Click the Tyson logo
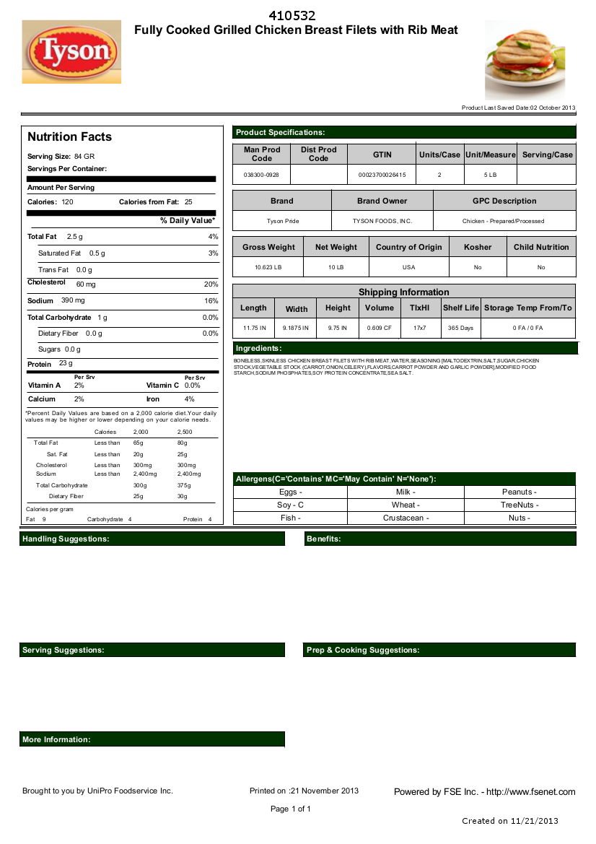pos(71,51)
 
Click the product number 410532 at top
pos(292,16)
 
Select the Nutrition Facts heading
pos(69,136)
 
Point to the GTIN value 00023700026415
pos(382,175)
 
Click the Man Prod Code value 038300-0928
pos(261,175)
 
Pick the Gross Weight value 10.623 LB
pos(268,267)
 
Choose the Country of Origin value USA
pos(408,267)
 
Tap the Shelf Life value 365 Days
pos(460,328)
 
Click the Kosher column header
pos(478,247)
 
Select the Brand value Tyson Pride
pos(282,221)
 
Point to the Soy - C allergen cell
pos(290,505)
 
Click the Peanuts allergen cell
pos(519,492)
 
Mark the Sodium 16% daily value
pos(211,300)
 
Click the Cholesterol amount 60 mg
pos(86,284)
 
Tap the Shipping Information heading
pos(404,292)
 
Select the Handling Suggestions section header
pos(66,539)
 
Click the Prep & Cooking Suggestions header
pos(363,650)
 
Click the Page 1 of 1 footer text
pos(291,809)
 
